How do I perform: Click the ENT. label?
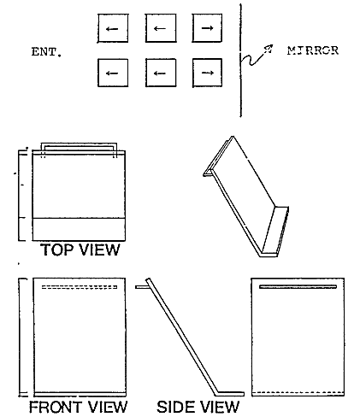46,52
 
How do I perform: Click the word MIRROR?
313,50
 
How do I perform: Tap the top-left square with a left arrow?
113,28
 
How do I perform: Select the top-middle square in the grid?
161,28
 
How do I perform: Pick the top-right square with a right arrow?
207,28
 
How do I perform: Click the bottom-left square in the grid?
113,73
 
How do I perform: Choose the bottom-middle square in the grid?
161,73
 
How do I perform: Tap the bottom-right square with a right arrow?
207,73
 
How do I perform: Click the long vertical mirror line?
240,61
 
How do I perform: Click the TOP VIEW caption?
80,250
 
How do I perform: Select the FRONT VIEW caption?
78,407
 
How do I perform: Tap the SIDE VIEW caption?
198,407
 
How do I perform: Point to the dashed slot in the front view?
80,287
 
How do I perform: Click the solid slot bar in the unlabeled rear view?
298,286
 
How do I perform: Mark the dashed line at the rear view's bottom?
298,392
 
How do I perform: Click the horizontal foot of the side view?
230,394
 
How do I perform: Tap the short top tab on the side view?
142,287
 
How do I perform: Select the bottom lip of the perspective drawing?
269,255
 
